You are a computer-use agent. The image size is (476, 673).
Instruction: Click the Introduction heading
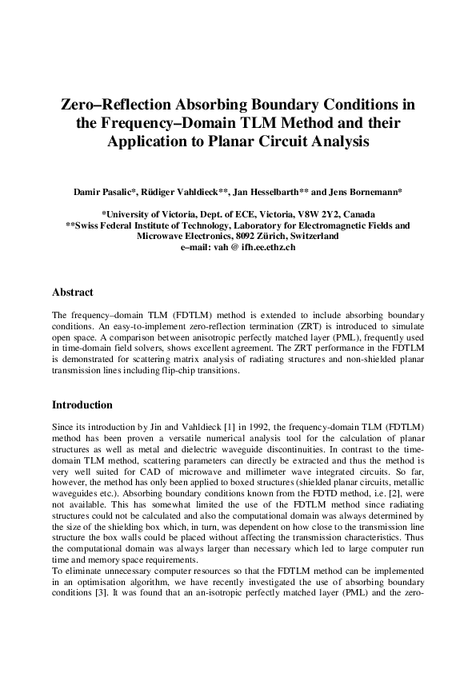(x=82, y=405)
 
